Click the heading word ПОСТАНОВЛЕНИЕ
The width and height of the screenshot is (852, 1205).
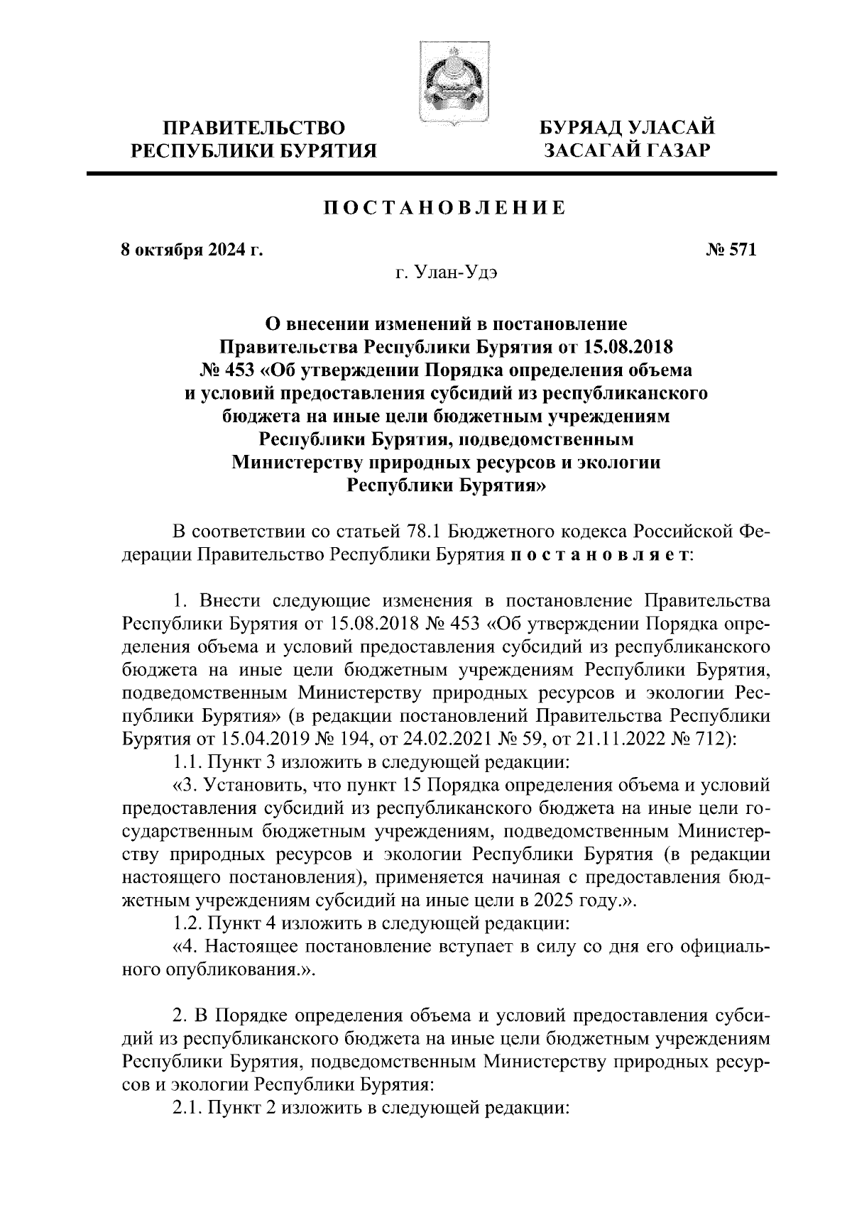click(445, 208)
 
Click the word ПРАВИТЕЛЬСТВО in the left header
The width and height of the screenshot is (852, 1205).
click(255, 129)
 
